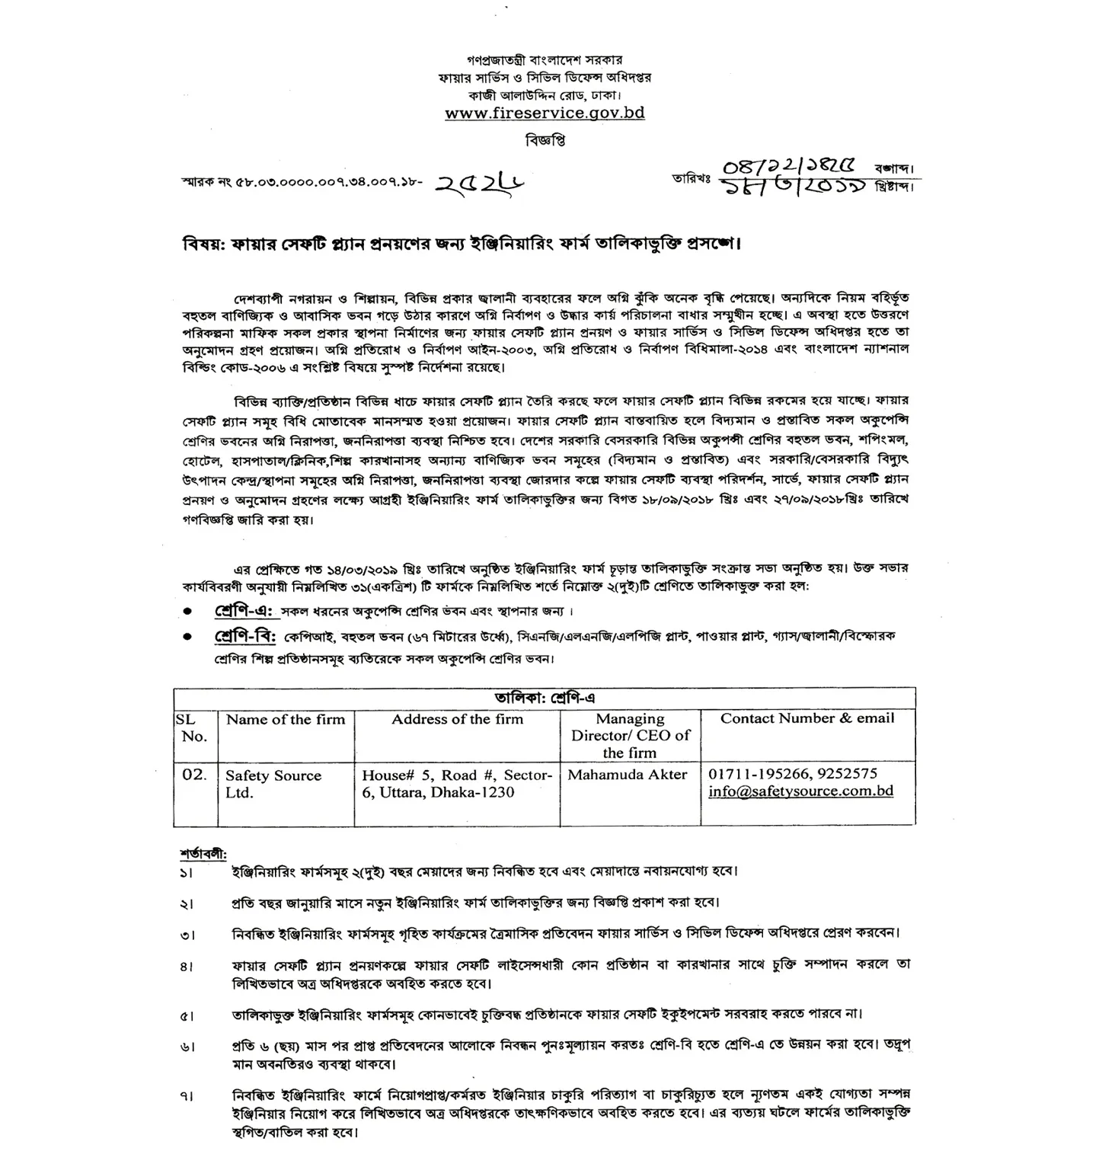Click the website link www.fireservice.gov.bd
click(x=545, y=113)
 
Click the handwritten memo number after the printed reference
click(x=481, y=183)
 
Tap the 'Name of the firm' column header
click(x=286, y=720)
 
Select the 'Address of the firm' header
click(x=457, y=720)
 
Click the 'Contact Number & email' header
click(x=807, y=718)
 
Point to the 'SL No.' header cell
click(x=194, y=728)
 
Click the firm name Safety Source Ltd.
click(x=273, y=784)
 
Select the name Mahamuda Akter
click(x=628, y=775)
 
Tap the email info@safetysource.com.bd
click(x=800, y=791)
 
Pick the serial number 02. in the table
click(x=194, y=775)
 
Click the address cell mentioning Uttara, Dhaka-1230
click(x=457, y=784)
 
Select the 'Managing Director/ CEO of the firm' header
click(x=630, y=736)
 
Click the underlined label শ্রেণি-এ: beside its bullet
click(x=243, y=612)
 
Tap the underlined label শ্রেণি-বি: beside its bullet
click(x=244, y=637)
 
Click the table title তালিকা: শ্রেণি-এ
click(x=544, y=698)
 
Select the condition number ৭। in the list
click(x=187, y=1097)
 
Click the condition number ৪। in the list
click(x=187, y=967)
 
